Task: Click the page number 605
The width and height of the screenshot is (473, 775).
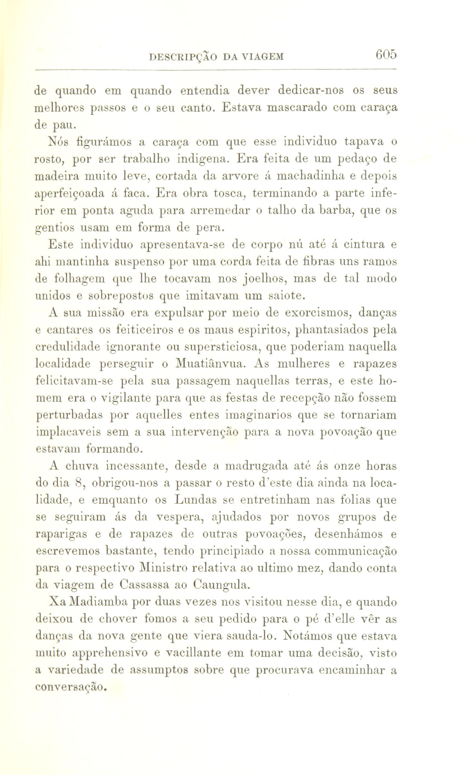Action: pyautogui.click(x=386, y=54)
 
